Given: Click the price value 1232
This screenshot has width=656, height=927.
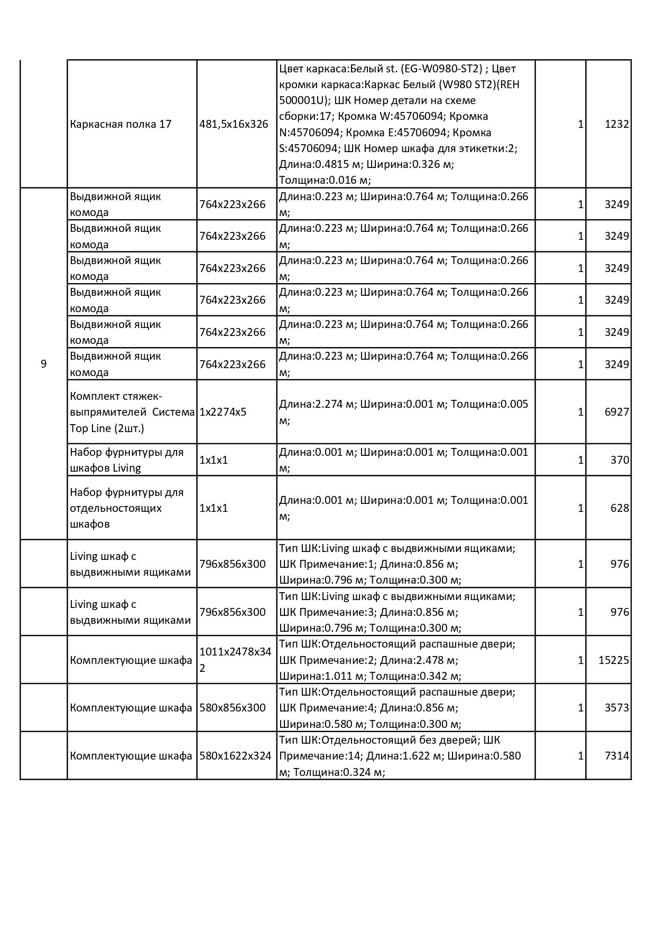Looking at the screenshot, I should click(x=616, y=124).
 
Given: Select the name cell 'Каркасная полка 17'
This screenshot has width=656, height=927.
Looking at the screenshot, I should click(x=121, y=124).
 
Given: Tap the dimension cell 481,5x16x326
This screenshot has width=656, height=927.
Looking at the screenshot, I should click(x=234, y=124).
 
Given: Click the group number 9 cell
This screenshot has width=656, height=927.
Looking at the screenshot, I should click(x=43, y=364).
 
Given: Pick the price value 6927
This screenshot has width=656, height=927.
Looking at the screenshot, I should click(x=616, y=412).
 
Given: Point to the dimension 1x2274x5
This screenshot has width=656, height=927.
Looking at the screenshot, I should click(x=223, y=412).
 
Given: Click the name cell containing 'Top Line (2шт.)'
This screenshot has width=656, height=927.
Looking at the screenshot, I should click(x=132, y=412).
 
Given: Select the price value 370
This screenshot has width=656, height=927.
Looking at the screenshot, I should click(x=620, y=460).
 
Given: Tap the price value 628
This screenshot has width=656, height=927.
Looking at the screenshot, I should click(x=620, y=508).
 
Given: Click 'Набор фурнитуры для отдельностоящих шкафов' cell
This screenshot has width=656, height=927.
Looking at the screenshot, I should click(x=127, y=508).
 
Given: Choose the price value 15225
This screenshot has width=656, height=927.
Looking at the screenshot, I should click(x=613, y=660).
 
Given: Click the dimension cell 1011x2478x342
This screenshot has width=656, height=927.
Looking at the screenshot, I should click(x=235, y=660).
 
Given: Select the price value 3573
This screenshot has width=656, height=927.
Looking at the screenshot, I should click(x=616, y=708).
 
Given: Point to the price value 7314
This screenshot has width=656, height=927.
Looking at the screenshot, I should click(x=616, y=756).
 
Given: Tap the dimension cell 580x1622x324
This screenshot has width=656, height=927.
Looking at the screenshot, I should click(x=235, y=756).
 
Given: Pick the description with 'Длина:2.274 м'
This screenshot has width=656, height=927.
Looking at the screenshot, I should click(x=403, y=412).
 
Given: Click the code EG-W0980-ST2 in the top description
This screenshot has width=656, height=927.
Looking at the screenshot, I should click(x=442, y=69).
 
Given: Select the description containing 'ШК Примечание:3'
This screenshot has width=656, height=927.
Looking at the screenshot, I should click(x=397, y=612).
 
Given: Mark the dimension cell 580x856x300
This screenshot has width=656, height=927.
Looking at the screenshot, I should click(x=232, y=708).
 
